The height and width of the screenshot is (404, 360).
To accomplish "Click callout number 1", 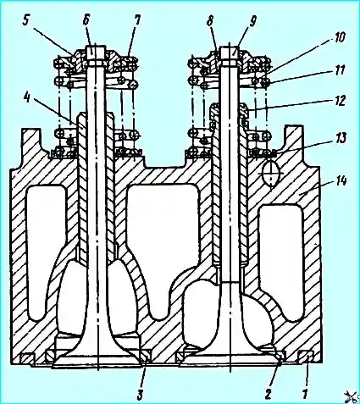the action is [x=305, y=394].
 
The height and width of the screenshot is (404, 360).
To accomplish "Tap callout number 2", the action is [x=269, y=393].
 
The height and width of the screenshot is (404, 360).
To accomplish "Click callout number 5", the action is [x=26, y=21].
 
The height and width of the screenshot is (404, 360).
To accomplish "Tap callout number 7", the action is [x=137, y=21].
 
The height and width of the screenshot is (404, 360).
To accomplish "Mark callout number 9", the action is [x=252, y=21].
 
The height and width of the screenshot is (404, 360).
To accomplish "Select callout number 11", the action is [x=339, y=70].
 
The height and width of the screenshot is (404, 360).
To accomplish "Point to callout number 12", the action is [x=339, y=101].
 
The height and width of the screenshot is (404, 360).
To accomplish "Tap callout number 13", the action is [x=340, y=139].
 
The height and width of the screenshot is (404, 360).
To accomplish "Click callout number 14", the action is [x=340, y=181].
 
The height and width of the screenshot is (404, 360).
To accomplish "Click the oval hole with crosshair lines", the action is [x=270, y=173].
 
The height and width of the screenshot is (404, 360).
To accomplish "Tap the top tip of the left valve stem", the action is [x=95, y=47].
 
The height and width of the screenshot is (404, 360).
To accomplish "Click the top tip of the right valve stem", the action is [x=230, y=47].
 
